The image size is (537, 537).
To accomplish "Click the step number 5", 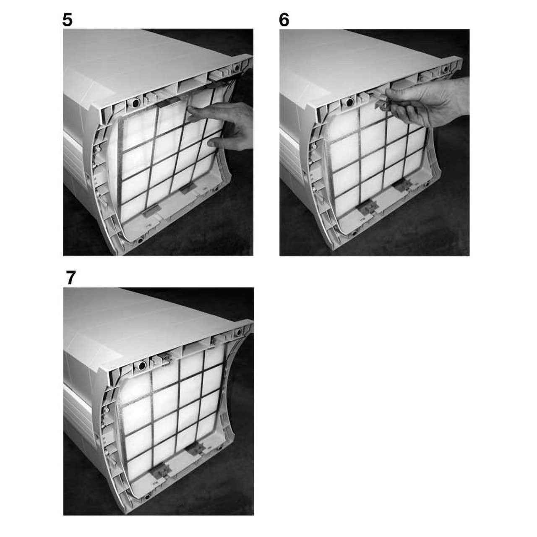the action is [68, 20].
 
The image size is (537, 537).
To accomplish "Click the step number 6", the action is [284, 20].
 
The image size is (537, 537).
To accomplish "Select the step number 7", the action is [71, 278].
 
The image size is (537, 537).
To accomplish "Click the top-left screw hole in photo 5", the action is [135, 103].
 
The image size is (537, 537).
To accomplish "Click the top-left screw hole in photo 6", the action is [349, 103].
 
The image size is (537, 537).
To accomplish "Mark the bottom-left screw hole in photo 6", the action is [355, 232].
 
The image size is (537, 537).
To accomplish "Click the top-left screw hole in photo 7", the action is [141, 365].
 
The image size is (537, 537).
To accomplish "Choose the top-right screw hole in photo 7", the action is [239, 332].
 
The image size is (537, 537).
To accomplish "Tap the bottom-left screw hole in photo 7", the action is [147, 496].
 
